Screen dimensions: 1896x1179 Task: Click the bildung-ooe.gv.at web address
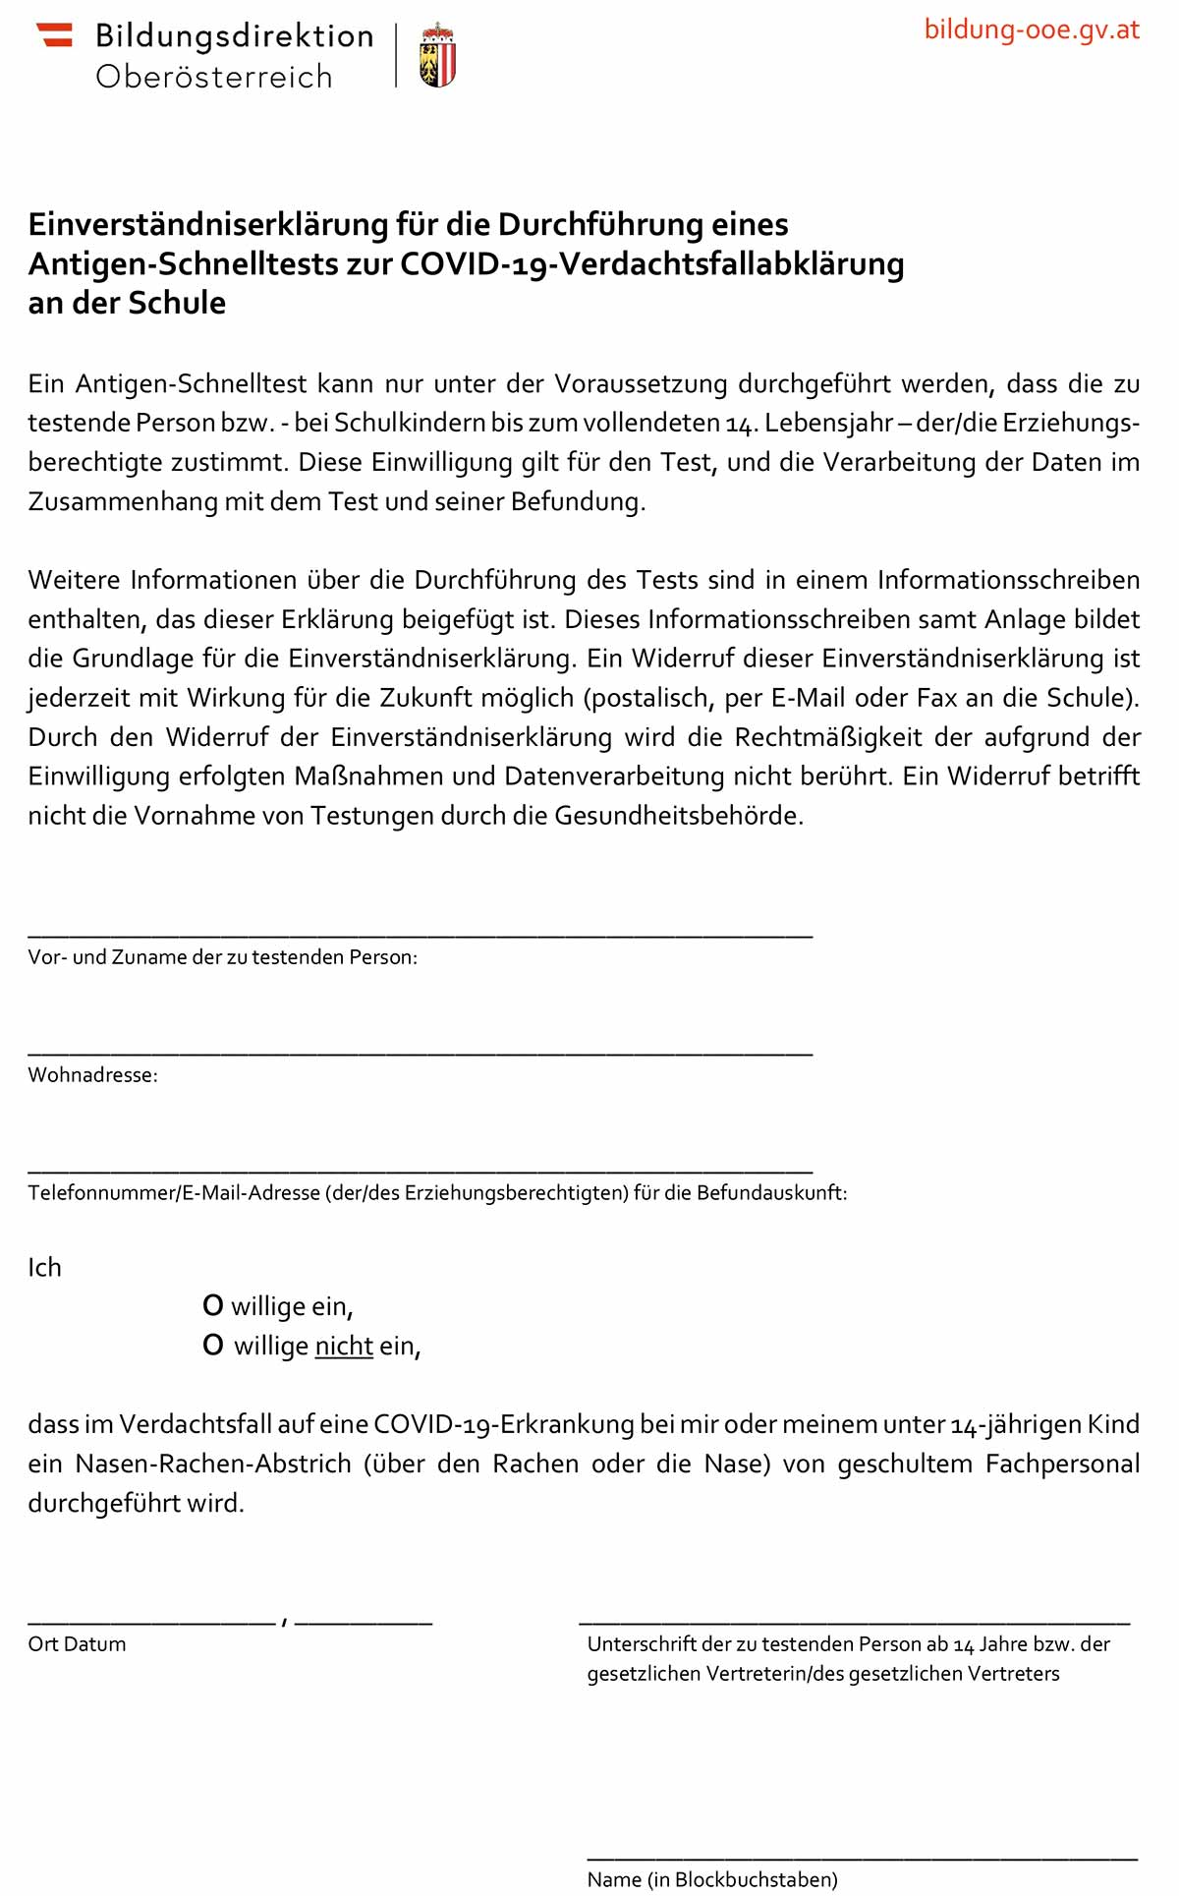(x=1031, y=29)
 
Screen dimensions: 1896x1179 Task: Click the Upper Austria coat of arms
(x=437, y=57)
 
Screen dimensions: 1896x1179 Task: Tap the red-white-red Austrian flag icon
(x=55, y=35)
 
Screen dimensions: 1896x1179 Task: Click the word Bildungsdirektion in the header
(x=234, y=36)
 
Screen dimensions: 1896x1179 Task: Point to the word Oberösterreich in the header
(x=214, y=77)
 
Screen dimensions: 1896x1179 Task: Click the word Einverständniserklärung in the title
(x=208, y=224)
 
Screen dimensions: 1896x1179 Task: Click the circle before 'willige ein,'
(x=213, y=1306)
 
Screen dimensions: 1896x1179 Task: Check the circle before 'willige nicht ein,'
(x=213, y=1346)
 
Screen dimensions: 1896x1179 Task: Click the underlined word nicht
(x=344, y=1346)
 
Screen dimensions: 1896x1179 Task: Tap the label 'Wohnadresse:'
(x=92, y=1075)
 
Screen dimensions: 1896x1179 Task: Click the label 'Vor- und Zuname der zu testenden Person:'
(x=222, y=957)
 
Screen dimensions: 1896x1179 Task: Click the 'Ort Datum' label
(x=77, y=1644)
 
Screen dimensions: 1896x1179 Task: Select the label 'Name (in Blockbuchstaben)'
(x=712, y=1879)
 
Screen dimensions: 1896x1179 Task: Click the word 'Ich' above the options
(x=44, y=1268)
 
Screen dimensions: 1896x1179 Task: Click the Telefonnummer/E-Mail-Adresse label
(x=437, y=1193)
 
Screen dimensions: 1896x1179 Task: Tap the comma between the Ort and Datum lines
(x=284, y=1621)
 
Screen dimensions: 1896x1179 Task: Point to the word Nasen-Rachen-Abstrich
(x=213, y=1464)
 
